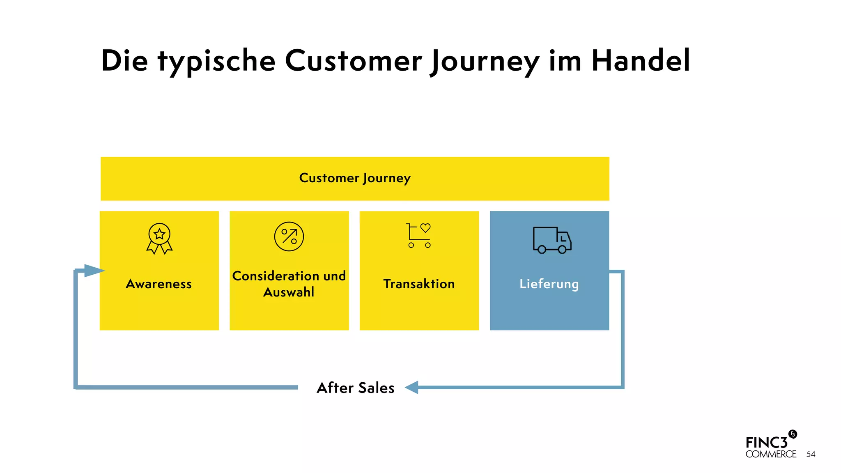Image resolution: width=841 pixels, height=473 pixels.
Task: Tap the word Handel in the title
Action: (x=641, y=61)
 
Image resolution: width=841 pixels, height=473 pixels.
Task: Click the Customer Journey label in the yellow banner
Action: (x=355, y=178)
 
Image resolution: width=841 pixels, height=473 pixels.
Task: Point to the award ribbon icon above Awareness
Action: (x=159, y=238)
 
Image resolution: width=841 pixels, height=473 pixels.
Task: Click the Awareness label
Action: (x=159, y=284)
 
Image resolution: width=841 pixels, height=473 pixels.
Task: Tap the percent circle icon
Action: (x=289, y=236)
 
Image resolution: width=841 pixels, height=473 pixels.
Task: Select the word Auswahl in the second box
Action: (x=289, y=292)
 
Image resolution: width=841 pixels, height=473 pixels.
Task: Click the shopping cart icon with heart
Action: (x=419, y=236)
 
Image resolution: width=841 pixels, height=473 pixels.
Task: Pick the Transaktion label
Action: (x=419, y=284)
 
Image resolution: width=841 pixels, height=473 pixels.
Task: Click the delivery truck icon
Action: (x=551, y=240)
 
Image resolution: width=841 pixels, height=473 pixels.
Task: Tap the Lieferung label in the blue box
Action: (x=549, y=284)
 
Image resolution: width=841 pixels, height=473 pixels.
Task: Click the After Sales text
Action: (x=356, y=388)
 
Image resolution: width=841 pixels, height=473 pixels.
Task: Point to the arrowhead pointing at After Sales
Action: (x=412, y=387)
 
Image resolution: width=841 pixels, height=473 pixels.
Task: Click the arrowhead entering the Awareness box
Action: (x=94, y=271)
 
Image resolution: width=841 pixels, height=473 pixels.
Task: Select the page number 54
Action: (x=811, y=454)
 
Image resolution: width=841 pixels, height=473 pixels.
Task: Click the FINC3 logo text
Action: (x=766, y=443)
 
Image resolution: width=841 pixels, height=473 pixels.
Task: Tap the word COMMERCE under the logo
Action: (x=771, y=454)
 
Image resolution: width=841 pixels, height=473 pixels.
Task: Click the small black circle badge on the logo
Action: (x=793, y=434)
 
